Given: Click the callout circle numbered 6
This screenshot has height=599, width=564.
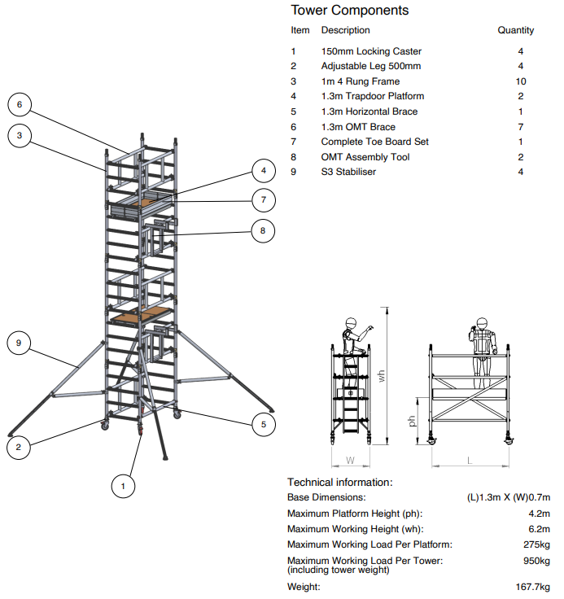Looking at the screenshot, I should pyautogui.click(x=20, y=103).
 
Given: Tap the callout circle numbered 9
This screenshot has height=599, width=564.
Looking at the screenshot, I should pyautogui.click(x=20, y=343).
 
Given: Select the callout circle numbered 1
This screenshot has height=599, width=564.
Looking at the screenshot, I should pyautogui.click(x=123, y=487).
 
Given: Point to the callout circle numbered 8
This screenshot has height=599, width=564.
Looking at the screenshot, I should pyautogui.click(x=263, y=231).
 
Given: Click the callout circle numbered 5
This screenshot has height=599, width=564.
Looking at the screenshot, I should pyautogui.click(x=263, y=424).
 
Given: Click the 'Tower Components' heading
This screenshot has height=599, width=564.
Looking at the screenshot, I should pyautogui.click(x=350, y=11).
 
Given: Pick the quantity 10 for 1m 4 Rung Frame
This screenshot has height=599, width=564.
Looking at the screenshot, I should pyautogui.click(x=521, y=81).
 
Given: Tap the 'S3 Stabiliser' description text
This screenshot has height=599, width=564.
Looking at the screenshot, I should pyautogui.click(x=348, y=172).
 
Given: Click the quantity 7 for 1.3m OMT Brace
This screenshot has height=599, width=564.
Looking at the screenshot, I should pyautogui.click(x=521, y=127).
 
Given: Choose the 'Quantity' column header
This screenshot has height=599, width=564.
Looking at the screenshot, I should pyautogui.click(x=516, y=30).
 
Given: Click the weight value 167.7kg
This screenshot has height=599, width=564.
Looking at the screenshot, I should pyautogui.click(x=533, y=587).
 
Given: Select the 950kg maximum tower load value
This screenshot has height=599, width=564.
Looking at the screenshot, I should pyautogui.click(x=536, y=561).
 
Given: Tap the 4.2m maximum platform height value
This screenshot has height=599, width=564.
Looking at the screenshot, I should pyautogui.click(x=540, y=514).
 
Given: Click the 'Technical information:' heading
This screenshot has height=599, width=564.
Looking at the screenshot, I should pyautogui.click(x=339, y=483).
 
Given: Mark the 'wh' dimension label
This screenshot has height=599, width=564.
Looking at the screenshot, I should pyautogui.click(x=381, y=375).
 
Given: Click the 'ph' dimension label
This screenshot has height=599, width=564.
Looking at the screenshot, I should pyautogui.click(x=412, y=422).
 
